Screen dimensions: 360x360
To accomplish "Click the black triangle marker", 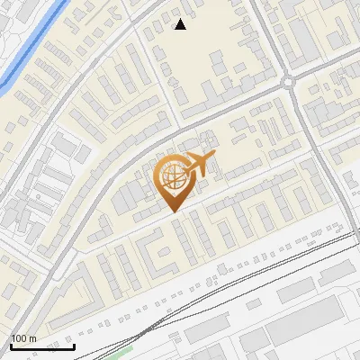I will click(180, 24).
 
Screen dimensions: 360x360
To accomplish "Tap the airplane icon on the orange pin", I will click(197, 166).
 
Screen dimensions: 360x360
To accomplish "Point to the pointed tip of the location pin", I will click(172, 211).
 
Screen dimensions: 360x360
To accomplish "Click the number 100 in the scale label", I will click(19, 338).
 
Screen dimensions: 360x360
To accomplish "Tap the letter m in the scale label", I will click(32, 338).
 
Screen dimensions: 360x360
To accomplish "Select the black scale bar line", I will click(41, 346).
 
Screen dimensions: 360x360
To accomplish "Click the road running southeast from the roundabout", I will click(315, 135).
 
